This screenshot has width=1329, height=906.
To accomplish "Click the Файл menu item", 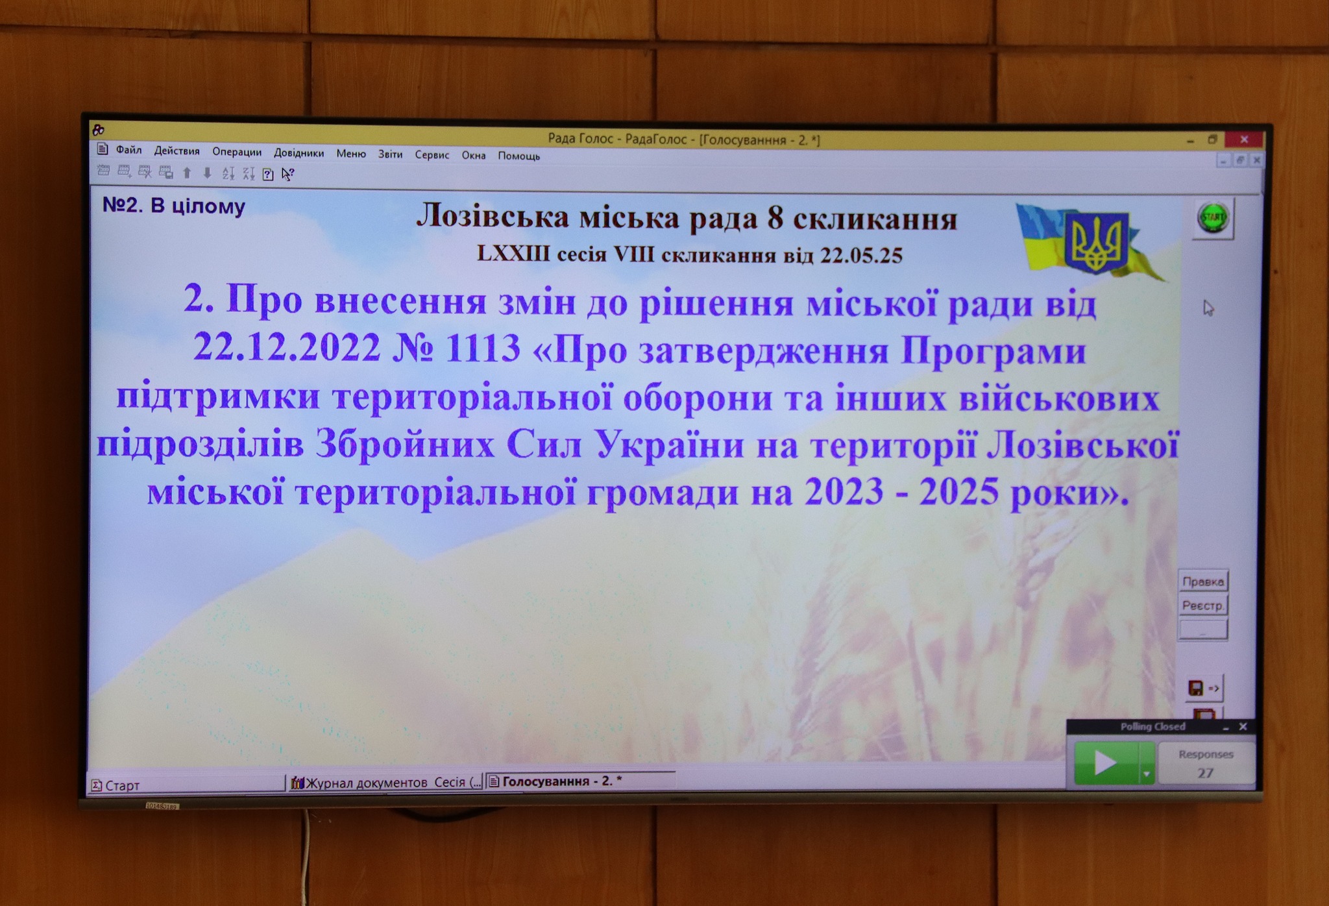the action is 128,150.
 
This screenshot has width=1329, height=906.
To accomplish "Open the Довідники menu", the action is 299,153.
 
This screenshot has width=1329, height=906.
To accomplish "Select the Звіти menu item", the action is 390,154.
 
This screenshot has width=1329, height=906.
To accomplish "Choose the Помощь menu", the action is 518,156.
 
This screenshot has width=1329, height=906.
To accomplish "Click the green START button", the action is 1213,217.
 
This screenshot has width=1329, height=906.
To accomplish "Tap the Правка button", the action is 1202,582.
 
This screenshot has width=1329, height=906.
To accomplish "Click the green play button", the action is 1106,763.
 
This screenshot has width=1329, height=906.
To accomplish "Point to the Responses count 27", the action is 1205,773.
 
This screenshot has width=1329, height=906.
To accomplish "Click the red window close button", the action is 1244,140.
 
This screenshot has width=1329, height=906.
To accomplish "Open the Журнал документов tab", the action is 386,783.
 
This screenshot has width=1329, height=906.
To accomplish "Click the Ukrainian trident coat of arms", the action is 1095,241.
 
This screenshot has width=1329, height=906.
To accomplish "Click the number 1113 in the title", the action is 483,349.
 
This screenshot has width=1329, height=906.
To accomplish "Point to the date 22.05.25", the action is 860,255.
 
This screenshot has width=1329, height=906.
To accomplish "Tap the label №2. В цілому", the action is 174,206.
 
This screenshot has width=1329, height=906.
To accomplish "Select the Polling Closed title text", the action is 1152,727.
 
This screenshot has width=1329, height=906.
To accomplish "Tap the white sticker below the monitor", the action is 162,806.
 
